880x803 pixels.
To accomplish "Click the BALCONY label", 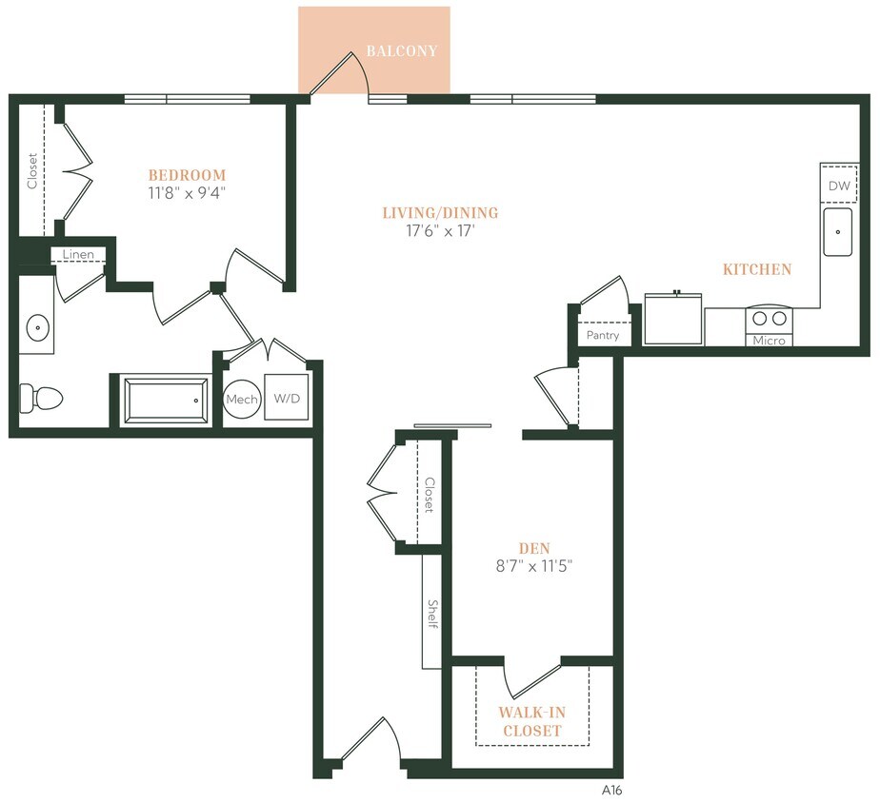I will tap(401, 50).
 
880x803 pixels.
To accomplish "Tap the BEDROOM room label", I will tap(187, 175).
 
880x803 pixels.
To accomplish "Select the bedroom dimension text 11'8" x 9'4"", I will tap(187, 192).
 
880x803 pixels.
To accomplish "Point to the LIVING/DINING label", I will tap(440, 213).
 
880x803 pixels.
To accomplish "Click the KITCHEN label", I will tap(757, 269).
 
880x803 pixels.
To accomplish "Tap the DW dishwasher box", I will tap(838, 186).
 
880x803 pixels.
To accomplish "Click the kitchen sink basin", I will tap(838, 233).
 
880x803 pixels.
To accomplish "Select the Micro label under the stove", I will tap(769, 340).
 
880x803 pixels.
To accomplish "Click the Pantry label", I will tap(603, 336).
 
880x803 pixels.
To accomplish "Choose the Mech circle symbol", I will tap(242, 400).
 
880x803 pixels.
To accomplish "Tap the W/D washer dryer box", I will tap(287, 399).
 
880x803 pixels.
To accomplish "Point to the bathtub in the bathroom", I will tap(166, 400).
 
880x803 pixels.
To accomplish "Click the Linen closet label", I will tap(78, 255).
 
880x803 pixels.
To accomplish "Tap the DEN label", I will tap(534, 548).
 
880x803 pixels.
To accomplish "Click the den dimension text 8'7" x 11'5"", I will tap(534, 566).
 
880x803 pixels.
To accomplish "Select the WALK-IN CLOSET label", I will tap(530, 721).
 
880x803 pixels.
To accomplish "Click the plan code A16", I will tap(611, 790).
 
